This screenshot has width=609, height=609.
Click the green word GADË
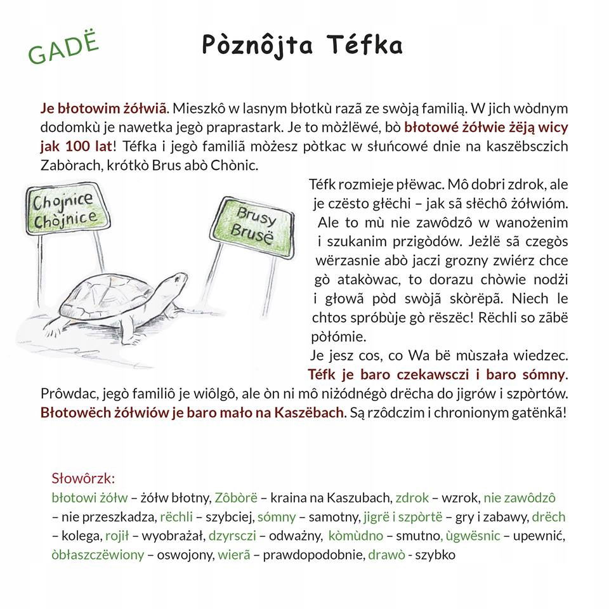point(64,48)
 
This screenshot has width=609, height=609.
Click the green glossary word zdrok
point(412,498)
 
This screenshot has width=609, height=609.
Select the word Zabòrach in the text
point(69,165)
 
